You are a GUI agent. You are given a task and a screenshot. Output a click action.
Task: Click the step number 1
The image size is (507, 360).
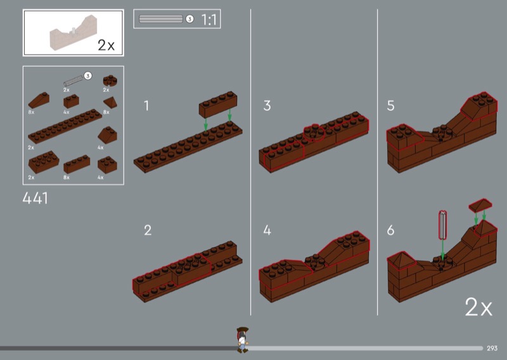coord(146,106)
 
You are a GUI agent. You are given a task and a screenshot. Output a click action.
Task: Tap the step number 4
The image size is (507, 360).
coord(267,230)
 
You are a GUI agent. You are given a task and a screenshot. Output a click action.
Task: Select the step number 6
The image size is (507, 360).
coord(390,230)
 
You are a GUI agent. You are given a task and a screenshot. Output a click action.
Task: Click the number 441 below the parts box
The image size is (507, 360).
coord(35,198)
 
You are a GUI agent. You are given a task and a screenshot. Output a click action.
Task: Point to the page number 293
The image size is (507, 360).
coord(492,348)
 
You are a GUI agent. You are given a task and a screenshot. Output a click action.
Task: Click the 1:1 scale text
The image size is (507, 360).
coord(209,20)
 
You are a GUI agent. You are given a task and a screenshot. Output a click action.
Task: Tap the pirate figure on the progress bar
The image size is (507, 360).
coord(242,339)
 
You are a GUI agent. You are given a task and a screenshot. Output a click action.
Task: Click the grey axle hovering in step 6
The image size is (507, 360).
coord(442,225)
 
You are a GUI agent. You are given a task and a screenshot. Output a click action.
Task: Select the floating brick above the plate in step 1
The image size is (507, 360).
coord(218,104)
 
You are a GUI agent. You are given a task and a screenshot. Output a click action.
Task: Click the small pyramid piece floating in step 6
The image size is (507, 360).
coord(480,205)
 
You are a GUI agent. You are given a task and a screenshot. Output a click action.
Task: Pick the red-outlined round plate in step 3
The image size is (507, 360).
coord(314,133)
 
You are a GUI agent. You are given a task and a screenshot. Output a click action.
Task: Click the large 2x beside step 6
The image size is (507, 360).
coord(478,307)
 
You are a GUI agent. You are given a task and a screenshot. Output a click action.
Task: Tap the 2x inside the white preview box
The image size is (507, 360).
coord(106,45)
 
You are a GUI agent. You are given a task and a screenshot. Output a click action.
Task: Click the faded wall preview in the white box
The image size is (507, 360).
coord(73,33)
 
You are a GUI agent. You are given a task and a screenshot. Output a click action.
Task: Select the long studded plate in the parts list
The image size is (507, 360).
coord(65,126)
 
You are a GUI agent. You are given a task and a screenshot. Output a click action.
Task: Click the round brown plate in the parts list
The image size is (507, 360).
coord(110,80)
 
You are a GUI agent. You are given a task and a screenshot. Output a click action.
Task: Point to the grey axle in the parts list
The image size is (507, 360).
coord(74,80)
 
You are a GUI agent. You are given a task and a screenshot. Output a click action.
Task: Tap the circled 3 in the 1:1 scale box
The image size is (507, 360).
coord(189,19)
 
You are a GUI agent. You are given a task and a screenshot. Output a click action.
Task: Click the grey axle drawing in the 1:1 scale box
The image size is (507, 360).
coord(161,19)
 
